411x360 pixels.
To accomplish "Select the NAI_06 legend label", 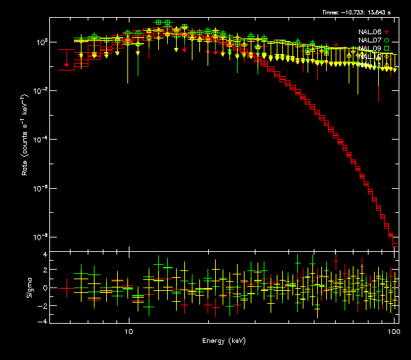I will coord(371,31).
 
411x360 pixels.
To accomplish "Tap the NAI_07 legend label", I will coord(371,40).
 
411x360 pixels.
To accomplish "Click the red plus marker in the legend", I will coord(387,31).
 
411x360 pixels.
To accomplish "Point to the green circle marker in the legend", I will coord(387,40).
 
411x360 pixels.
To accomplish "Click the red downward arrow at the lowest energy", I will coord(66,65).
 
